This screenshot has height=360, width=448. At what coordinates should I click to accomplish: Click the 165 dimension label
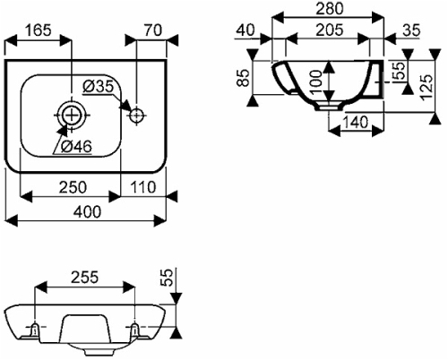[39, 30]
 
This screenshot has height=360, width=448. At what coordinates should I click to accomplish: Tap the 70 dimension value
[153, 30]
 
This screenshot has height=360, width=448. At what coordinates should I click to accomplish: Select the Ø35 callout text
[99, 87]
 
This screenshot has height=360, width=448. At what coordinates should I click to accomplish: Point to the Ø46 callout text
[76, 146]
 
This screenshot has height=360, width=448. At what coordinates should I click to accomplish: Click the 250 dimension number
[73, 187]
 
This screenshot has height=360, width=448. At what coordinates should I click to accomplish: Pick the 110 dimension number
[143, 187]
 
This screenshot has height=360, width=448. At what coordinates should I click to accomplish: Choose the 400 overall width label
[88, 212]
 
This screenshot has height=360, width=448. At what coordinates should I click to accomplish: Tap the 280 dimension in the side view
[330, 9]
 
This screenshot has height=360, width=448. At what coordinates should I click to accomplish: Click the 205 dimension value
[330, 30]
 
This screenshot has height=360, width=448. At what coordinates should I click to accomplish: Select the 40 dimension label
[246, 30]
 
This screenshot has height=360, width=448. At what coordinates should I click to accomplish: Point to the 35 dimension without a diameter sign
[411, 30]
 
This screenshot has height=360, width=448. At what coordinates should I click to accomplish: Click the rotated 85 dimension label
[245, 78]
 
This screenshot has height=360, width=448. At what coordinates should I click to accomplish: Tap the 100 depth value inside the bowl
[316, 81]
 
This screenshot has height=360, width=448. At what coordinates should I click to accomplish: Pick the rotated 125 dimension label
[426, 87]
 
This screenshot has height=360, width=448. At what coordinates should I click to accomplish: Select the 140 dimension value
[355, 123]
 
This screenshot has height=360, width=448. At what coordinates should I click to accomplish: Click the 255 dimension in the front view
[84, 278]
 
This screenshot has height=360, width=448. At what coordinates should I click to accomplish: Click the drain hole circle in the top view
[72, 115]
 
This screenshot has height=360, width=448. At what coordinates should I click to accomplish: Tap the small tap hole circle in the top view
[137, 115]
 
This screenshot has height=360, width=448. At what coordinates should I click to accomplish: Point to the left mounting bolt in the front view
[35, 329]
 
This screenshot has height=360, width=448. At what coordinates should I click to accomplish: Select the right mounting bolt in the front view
[135, 329]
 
